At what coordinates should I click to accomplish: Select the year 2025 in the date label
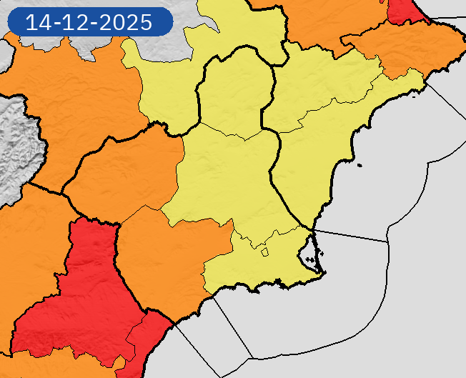point(125,22)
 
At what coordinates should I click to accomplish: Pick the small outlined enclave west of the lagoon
point(264,252)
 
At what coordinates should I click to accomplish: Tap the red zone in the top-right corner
point(407,10)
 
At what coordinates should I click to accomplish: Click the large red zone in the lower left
point(79,300)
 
